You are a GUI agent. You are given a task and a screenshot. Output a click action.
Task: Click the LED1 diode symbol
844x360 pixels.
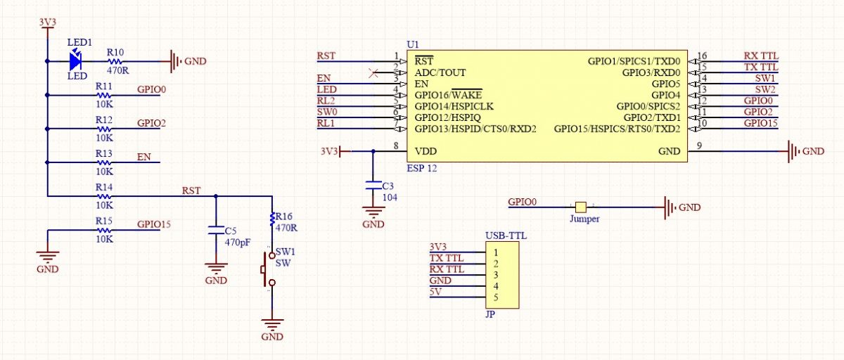75,62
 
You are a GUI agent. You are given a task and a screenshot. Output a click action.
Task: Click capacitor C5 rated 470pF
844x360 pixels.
216,230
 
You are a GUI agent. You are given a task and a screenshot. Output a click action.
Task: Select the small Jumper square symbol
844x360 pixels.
580,207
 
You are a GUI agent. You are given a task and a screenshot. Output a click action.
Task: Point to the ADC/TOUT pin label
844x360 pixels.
440,72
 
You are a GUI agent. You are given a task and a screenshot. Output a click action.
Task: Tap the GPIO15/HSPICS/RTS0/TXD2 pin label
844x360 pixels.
616,129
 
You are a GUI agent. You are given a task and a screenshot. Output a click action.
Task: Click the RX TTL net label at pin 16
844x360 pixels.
760,56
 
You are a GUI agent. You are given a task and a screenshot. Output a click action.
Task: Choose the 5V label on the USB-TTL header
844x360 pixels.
435,292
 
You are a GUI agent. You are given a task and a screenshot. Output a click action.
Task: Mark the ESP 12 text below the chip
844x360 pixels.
421,169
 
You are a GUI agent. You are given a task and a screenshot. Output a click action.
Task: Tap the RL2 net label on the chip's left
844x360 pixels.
326,101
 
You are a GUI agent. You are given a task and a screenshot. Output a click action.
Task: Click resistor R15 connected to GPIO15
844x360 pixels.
104,230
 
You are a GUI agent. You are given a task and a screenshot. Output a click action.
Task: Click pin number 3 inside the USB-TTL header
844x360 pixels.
496,275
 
